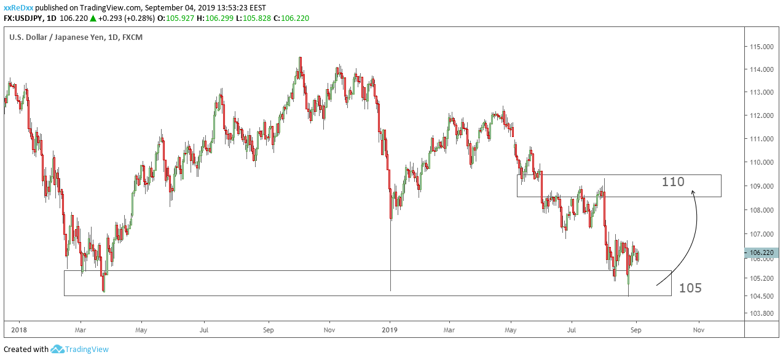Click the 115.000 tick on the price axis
760,47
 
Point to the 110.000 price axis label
760,162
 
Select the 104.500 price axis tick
760,296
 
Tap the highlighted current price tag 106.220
761,252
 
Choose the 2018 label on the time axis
19,329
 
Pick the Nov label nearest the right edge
698,329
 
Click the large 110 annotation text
674,182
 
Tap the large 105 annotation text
690,288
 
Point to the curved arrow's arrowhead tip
693,191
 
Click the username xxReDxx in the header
18,8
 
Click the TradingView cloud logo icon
57,350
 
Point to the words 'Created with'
26,350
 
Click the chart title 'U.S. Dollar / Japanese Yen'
56,37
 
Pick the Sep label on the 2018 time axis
268,329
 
